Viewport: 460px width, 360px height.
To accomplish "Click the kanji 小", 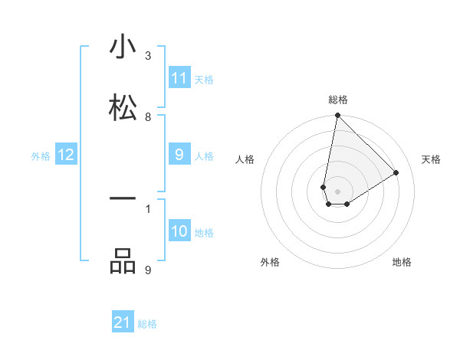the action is click(123, 47).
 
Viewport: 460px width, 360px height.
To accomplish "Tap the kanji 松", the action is click(123, 106).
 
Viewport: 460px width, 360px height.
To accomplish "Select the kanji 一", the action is click(123, 198).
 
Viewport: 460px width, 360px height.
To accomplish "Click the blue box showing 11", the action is click(179, 78).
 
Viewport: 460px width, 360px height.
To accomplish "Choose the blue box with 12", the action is click(66, 155).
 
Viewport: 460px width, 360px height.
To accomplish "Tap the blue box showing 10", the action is click(179, 232).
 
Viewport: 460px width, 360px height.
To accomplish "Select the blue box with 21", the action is click(123, 323).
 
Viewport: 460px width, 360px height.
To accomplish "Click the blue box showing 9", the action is click(179, 155).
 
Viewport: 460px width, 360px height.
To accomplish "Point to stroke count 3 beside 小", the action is click(148, 56).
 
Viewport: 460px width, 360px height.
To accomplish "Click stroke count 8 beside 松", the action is click(148, 117).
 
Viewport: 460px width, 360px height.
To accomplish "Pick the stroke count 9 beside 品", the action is click(148, 270).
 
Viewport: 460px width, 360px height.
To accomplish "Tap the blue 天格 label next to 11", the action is click(204, 79).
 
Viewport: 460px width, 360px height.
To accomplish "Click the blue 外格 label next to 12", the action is click(41, 156).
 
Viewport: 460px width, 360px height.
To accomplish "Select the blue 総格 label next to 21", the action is click(147, 324).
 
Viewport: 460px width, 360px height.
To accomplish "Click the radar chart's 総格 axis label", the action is click(337, 100).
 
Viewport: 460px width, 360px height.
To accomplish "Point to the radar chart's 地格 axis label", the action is click(402, 262).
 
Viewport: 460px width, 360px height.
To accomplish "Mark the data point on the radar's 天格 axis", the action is click(396, 172).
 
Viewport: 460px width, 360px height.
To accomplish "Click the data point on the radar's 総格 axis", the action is click(337, 116).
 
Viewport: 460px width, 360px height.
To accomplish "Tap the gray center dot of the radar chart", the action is click(337, 180).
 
